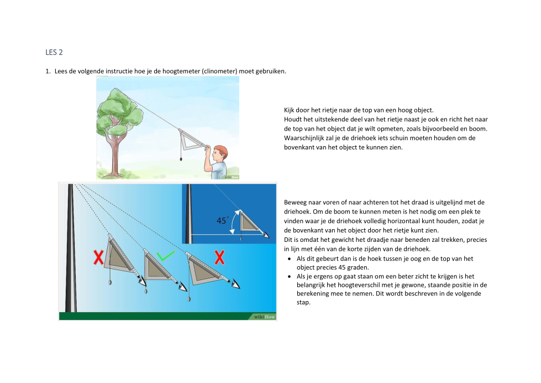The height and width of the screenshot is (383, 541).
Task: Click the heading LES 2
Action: tap(54, 52)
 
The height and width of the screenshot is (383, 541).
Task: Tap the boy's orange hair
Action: tap(221, 151)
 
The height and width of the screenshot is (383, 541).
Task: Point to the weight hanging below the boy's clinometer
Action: tap(181, 159)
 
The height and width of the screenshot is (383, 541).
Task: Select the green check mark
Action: tap(166, 256)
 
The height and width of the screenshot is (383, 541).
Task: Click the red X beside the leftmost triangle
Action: tap(98, 258)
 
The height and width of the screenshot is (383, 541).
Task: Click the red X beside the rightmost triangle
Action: tap(219, 257)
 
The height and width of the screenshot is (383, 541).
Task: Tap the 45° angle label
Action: tap(223, 220)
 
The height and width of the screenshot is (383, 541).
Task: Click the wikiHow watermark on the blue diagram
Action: tap(264, 317)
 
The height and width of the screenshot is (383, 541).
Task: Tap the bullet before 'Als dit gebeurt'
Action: tap(289, 259)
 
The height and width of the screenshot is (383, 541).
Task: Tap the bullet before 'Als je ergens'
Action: tap(289, 277)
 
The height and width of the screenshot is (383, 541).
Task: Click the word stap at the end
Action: tap(303, 302)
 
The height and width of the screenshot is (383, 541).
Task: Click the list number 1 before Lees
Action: tap(48, 71)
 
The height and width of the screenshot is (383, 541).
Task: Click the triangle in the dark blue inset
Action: tap(249, 221)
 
